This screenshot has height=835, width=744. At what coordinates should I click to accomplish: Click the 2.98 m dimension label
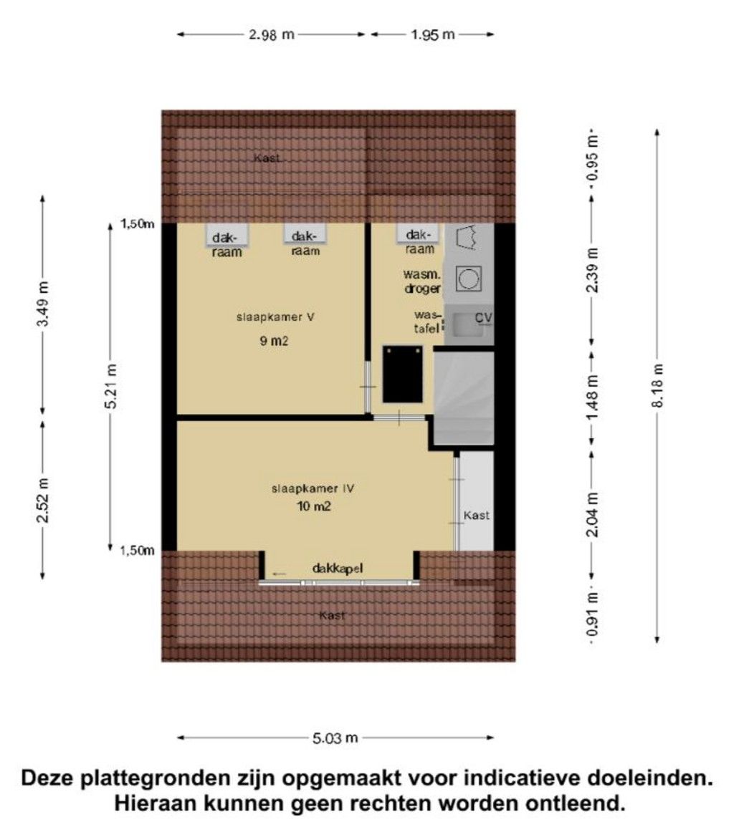tap(272, 34)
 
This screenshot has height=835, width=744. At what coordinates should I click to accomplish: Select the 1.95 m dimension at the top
tap(432, 34)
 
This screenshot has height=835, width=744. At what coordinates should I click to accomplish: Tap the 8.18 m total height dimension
tap(657, 386)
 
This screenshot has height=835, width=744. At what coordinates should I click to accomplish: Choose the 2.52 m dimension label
tap(44, 498)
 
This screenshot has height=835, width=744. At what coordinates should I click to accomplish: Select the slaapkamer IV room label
tap(313, 490)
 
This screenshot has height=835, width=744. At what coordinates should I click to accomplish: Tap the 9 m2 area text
tap(273, 342)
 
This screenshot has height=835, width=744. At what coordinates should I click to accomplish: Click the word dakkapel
tap(338, 569)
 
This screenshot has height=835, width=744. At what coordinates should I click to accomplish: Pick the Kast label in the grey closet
tap(477, 515)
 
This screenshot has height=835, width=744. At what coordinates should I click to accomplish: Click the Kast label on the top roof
tap(267, 158)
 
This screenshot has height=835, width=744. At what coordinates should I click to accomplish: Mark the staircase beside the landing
tap(464, 398)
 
